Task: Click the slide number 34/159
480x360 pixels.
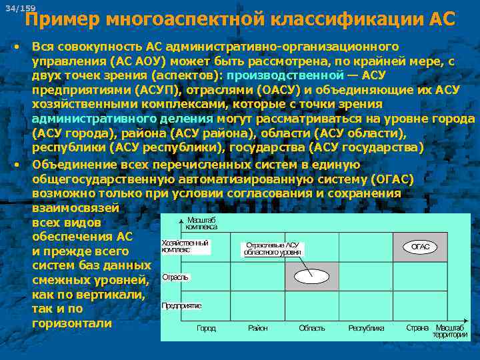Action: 20,8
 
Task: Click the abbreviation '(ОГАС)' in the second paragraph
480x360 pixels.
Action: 392,179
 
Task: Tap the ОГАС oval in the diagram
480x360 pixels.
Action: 420,247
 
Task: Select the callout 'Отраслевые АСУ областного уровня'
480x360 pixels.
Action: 273,249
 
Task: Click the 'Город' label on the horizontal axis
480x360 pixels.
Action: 206,328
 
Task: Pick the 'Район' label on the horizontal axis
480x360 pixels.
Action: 258,328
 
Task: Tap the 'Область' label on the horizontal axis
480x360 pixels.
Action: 312,328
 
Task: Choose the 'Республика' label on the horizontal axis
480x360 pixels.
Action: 366,328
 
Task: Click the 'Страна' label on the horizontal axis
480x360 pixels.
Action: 417,328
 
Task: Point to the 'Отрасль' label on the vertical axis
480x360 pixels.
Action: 175,277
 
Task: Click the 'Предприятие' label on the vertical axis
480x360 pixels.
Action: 181,305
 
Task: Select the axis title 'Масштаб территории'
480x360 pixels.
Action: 450,331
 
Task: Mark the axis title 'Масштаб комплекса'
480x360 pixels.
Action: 201,223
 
